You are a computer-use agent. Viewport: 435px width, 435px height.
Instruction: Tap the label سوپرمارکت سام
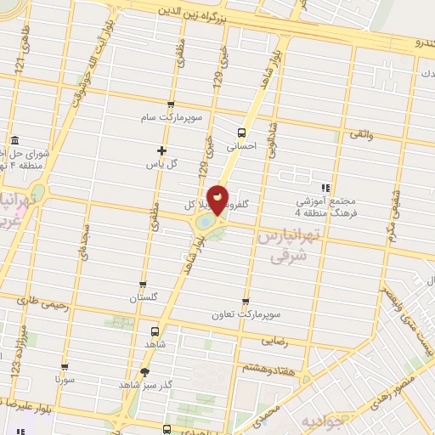tap(172, 117)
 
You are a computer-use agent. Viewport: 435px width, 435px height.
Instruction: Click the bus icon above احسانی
tap(241, 133)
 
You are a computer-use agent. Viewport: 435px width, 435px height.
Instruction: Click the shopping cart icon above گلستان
tap(143, 285)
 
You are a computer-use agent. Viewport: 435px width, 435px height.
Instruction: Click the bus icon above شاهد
tap(155, 331)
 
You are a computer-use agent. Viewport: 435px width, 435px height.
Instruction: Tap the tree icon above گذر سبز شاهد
tap(145, 371)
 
